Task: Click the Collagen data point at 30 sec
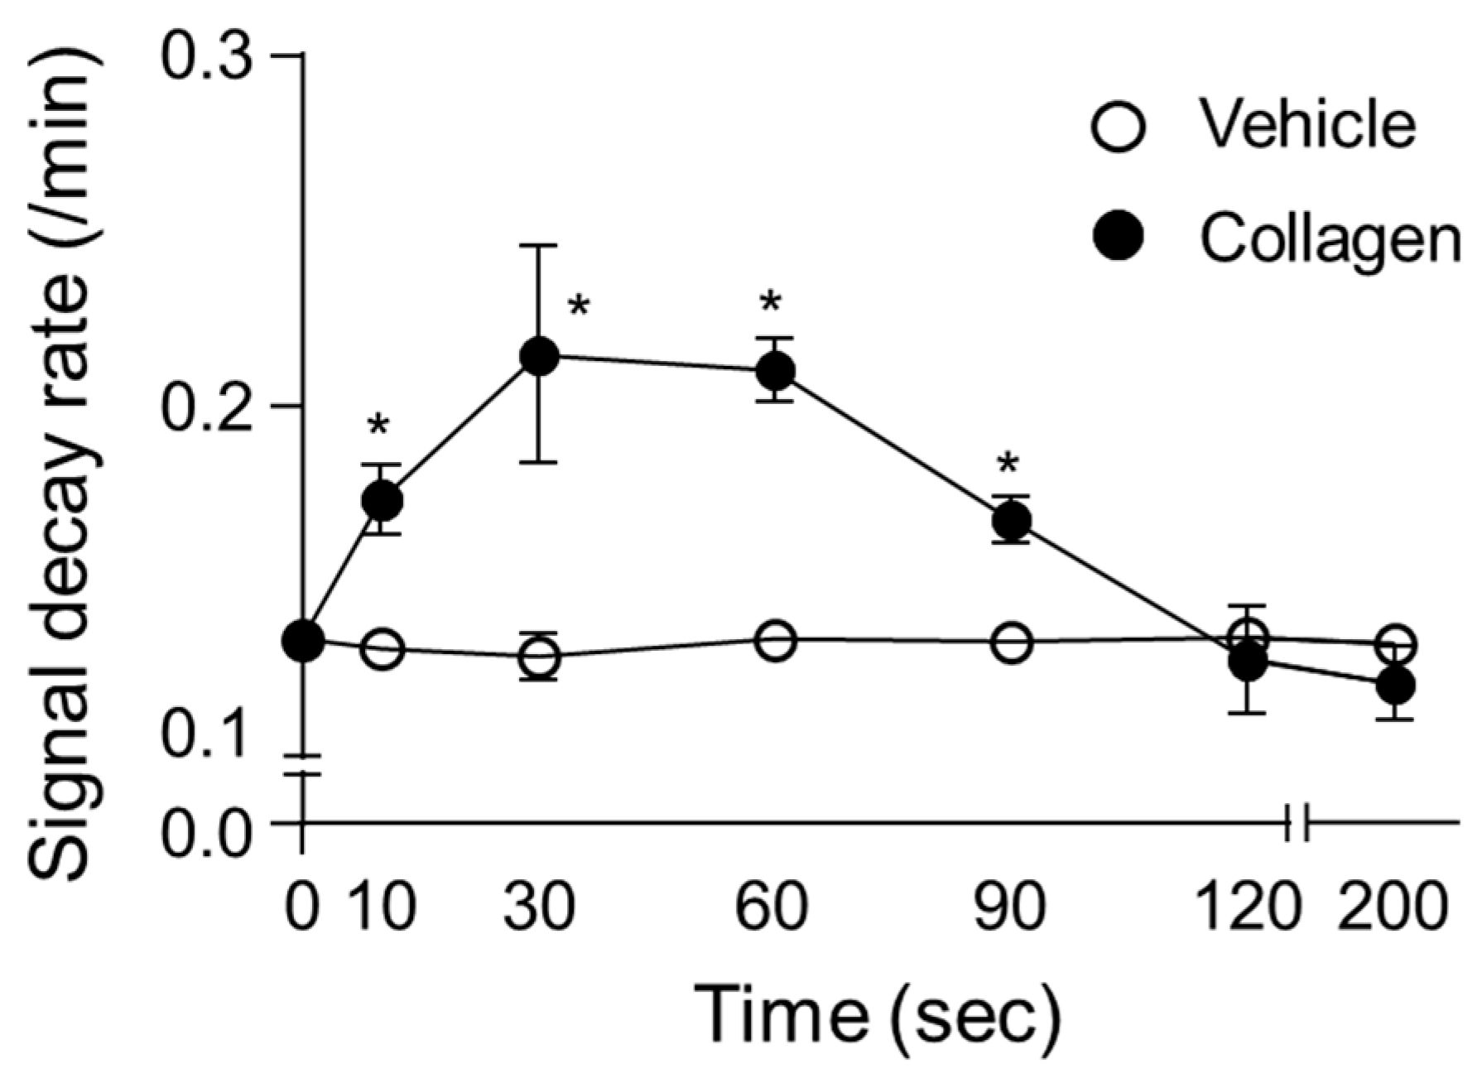pos(539,356)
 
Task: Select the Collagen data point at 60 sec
pos(775,371)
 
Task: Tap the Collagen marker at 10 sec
pos(382,499)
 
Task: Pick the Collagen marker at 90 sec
pos(1012,520)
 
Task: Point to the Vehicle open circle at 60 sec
pos(775,640)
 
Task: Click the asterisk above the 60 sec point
pos(771,303)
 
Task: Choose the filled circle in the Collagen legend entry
pos(1118,238)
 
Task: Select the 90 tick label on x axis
pos(1011,908)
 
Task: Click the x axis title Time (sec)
pos(876,1014)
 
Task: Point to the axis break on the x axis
pos(1297,823)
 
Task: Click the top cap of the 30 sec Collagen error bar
pos(539,246)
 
